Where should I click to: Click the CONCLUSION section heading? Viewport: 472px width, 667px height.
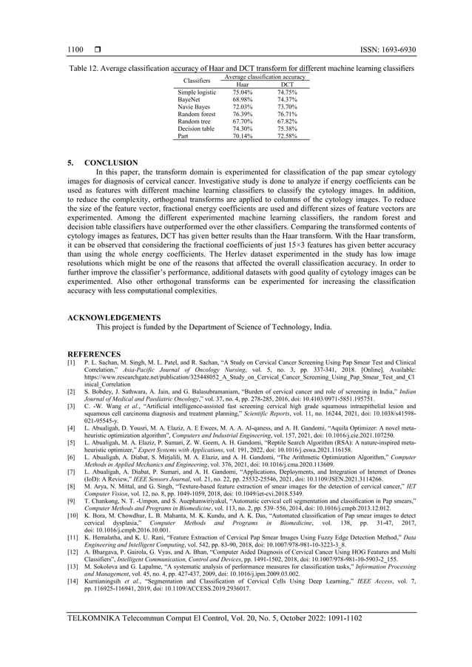point(111,162)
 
